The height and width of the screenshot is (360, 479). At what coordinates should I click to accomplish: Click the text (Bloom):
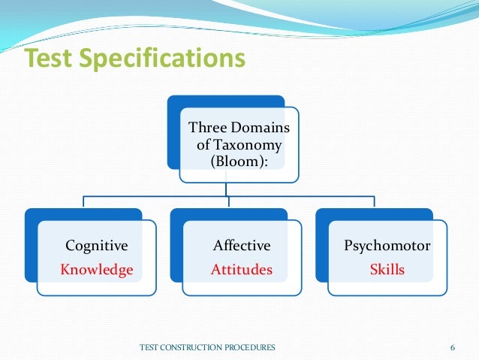[239, 162]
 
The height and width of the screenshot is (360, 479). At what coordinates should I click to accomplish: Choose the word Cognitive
[96, 245]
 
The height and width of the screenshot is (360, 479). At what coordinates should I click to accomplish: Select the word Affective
[241, 245]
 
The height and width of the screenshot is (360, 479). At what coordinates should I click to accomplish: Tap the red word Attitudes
[241, 269]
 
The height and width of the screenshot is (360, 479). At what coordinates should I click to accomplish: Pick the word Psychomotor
[387, 245]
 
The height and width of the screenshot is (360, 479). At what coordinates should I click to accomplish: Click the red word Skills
[387, 269]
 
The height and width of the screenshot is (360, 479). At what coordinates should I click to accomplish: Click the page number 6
[453, 346]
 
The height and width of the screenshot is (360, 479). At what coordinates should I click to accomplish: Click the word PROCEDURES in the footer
[252, 346]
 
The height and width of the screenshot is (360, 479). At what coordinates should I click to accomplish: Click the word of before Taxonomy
[203, 144]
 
